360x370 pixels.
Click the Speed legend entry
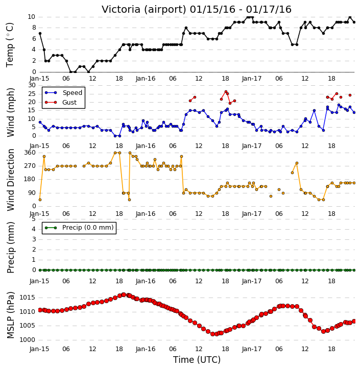(x=63, y=92)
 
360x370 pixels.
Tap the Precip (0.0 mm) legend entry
(x=79, y=228)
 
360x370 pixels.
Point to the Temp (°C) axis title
(x=10, y=45)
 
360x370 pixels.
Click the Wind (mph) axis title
(x=10, y=112)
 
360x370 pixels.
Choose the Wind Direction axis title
(x=10, y=180)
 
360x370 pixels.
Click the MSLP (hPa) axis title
(x=10, y=315)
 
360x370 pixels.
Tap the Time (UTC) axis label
(x=197, y=360)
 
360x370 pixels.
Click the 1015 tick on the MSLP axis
(x=27, y=298)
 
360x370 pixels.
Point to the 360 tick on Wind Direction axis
(x=30, y=153)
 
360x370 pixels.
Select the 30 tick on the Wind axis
(x=32, y=85)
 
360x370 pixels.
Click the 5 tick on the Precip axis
(x=34, y=219)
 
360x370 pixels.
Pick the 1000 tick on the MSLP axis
(x=27, y=340)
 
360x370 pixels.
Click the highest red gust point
(x=226, y=91)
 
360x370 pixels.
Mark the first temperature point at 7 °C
(x=40, y=34)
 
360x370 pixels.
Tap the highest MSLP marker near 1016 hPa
(x=124, y=295)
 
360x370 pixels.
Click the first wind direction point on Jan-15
(x=40, y=200)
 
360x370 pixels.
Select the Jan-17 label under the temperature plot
(x=252, y=79)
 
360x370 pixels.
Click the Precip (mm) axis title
(x=10, y=248)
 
